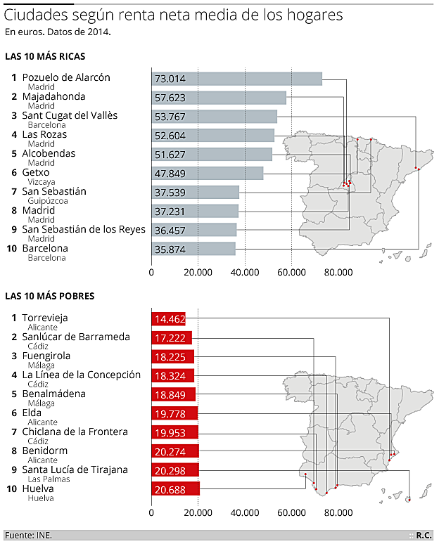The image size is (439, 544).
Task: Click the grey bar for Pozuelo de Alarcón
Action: [x=236, y=79]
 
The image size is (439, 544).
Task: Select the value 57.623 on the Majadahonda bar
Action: [x=167, y=98]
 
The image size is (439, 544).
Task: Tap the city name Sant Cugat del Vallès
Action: [x=70, y=115]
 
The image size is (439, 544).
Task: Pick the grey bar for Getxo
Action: [x=208, y=173]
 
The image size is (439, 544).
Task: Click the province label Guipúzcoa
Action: [x=47, y=201]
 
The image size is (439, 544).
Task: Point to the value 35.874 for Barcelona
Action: [x=167, y=249]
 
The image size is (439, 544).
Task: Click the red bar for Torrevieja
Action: [x=169, y=319]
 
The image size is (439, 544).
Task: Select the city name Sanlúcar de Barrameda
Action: [x=76, y=337]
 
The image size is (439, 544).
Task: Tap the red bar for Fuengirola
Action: [x=172, y=357]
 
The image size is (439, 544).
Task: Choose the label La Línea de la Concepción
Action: [x=81, y=375]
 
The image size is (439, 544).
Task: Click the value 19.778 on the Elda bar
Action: [x=168, y=414]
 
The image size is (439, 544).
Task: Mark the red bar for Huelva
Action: [x=176, y=490]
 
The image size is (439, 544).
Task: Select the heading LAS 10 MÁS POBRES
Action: [x=49, y=297]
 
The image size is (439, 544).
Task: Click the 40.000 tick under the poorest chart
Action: [x=245, y=513]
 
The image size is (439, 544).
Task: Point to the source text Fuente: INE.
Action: [x=28, y=535]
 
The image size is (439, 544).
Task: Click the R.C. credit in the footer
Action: [x=424, y=535]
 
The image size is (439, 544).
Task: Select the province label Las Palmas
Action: [x=44, y=479]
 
